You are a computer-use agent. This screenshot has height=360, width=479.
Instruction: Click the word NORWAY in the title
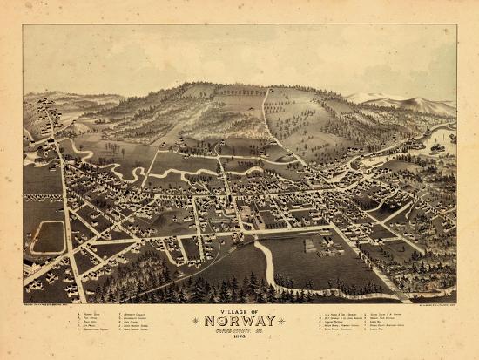240,321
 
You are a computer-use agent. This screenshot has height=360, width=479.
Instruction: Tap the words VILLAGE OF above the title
240,310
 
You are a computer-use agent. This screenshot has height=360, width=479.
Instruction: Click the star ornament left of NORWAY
196,322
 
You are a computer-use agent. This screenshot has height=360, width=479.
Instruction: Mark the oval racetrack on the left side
48,236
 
